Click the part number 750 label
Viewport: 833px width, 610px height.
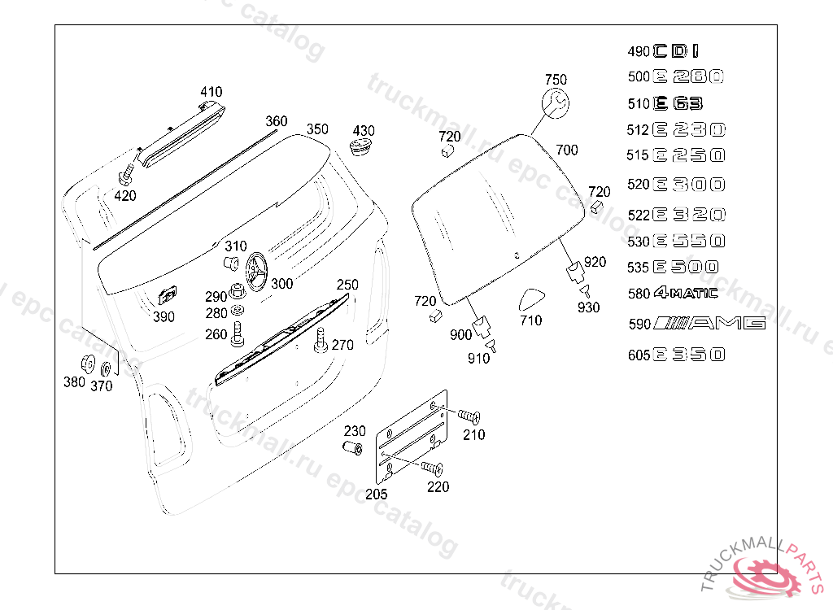(x=556, y=80)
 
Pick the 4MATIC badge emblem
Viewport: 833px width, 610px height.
(x=685, y=293)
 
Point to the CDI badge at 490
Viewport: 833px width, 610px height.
(x=675, y=51)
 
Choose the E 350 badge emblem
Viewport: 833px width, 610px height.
(x=688, y=354)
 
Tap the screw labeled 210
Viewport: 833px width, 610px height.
(x=468, y=416)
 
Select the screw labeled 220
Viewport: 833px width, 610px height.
(x=432, y=468)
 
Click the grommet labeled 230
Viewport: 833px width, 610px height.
(x=351, y=449)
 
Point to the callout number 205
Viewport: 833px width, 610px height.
(x=377, y=494)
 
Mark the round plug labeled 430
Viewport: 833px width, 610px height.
(x=360, y=148)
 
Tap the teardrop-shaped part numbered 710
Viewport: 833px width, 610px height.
(x=531, y=298)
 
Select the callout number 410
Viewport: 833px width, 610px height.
(x=211, y=92)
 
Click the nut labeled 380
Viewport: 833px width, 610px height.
(x=87, y=364)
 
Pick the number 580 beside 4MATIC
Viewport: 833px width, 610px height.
(x=639, y=294)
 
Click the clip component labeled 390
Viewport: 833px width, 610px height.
(x=168, y=297)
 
